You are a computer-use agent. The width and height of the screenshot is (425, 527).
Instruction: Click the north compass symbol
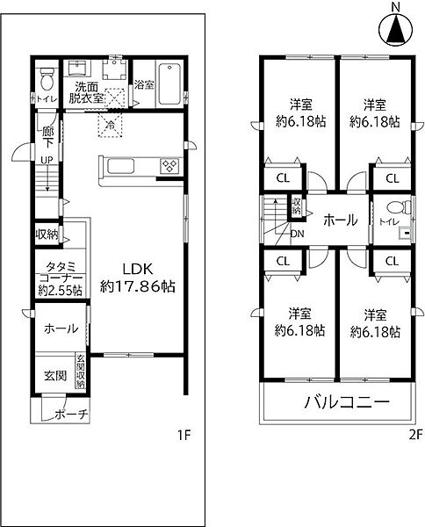pos(395,30)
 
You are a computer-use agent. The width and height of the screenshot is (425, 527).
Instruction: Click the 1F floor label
pos(182,435)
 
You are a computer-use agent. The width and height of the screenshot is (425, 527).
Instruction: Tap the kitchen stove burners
pos(169,166)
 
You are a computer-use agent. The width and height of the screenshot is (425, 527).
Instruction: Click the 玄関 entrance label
pos(54,375)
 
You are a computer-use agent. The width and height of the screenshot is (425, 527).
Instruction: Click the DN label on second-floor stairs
pos(297,235)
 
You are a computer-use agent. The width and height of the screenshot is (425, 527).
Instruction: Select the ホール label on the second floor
pos(338,220)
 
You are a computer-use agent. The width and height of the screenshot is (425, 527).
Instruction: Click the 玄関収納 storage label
pos(80,371)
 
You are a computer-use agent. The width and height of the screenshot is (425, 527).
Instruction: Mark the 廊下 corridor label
pos(48,137)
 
